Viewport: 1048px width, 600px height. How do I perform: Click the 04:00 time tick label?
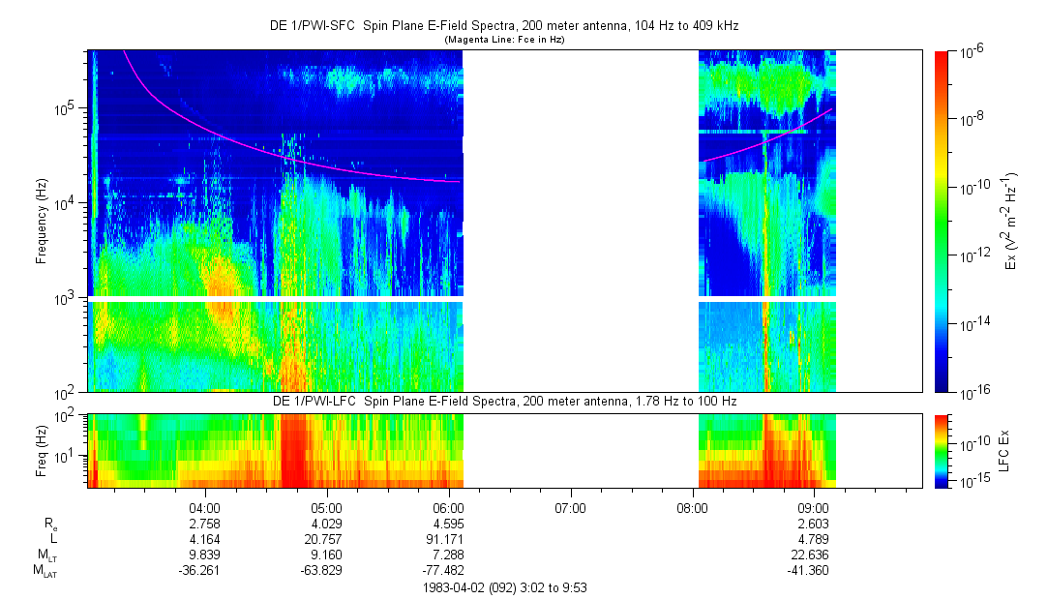(204, 506)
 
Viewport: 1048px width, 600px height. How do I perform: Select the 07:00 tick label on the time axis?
(570, 506)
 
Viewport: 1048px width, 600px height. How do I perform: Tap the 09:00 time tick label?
(814, 506)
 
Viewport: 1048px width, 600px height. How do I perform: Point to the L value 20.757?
(326, 538)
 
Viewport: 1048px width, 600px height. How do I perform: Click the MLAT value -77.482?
(448, 570)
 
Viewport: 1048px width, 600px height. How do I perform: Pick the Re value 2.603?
(814, 523)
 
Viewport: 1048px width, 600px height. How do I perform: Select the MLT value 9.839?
(204, 555)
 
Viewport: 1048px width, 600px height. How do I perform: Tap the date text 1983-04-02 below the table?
(458, 586)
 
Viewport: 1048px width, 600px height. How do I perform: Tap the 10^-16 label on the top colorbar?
(970, 392)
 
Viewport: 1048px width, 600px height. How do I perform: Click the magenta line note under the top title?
(503, 40)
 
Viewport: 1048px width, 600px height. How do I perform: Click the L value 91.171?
(448, 538)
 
